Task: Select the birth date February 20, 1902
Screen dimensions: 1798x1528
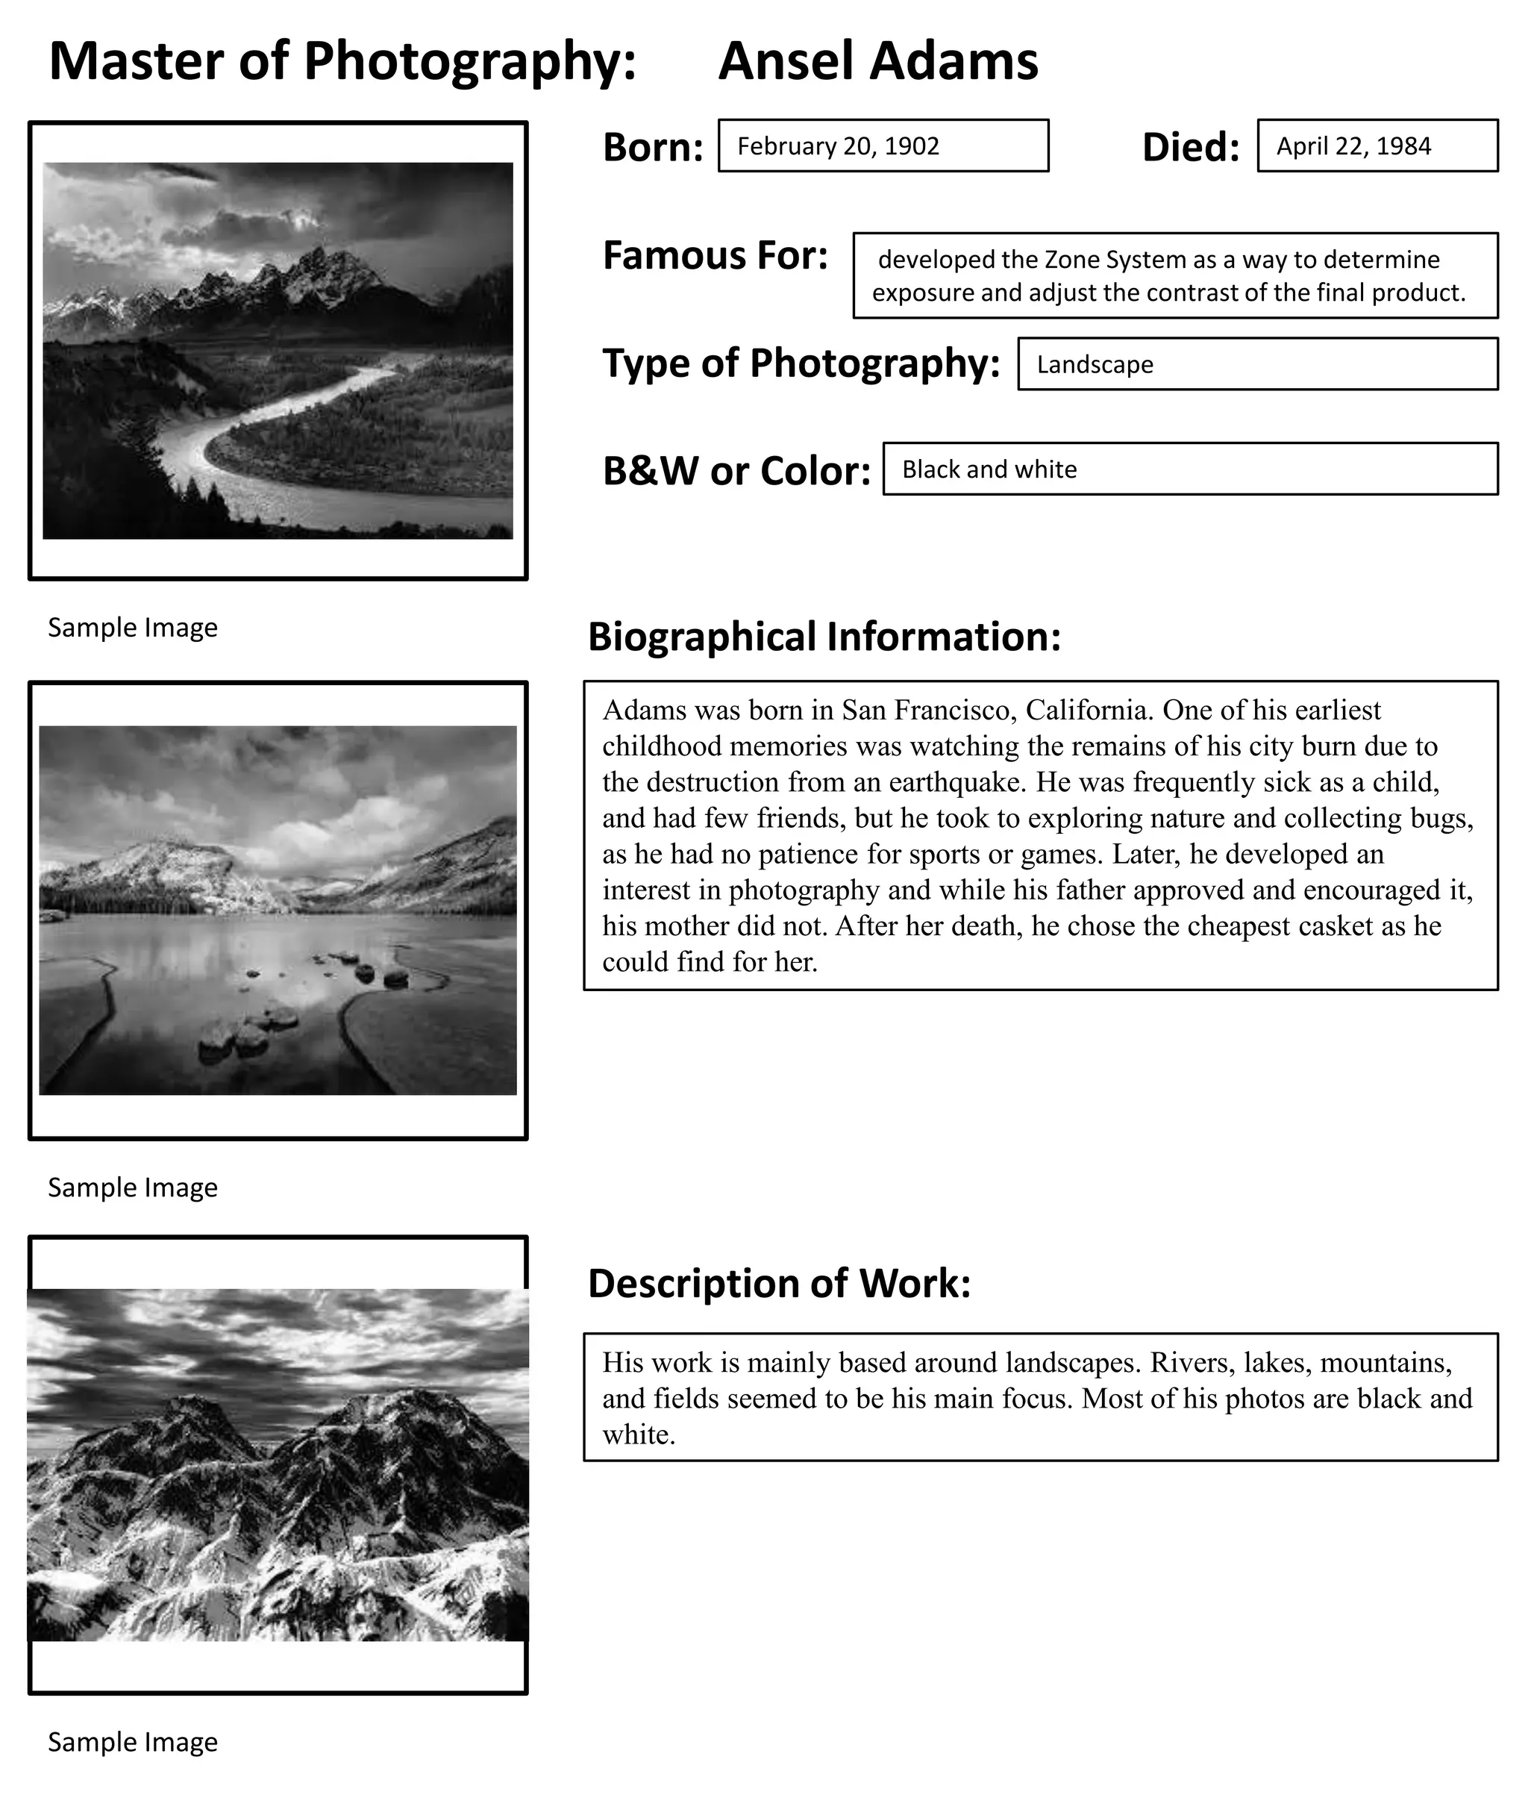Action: tap(838, 146)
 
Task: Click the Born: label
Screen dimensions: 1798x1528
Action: tap(652, 147)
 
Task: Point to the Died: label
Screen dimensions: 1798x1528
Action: tap(1190, 147)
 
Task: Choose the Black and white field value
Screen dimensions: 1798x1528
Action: tap(989, 469)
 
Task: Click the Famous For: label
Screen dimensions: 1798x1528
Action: tap(715, 257)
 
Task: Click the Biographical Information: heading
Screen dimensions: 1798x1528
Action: tap(824, 637)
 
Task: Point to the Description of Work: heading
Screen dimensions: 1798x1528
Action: tap(779, 1283)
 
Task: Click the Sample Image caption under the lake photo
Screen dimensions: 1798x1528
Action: tap(133, 1187)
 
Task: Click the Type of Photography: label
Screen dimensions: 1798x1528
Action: tap(801, 363)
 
